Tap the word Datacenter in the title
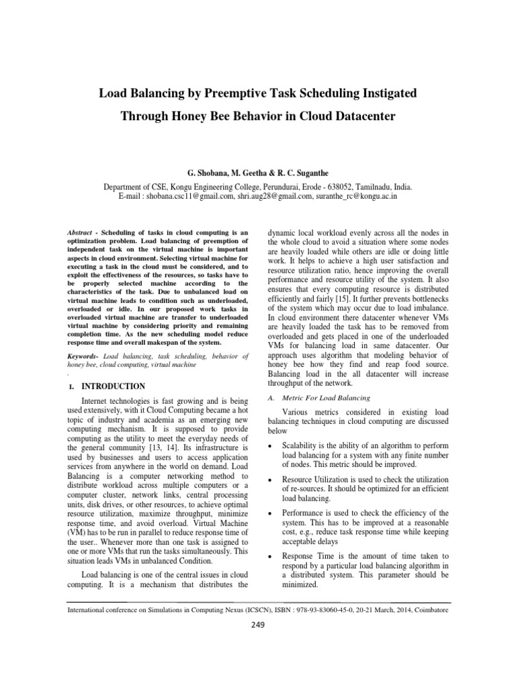pos(362,116)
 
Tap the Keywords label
pos(85,355)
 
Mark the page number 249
pos(257,624)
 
